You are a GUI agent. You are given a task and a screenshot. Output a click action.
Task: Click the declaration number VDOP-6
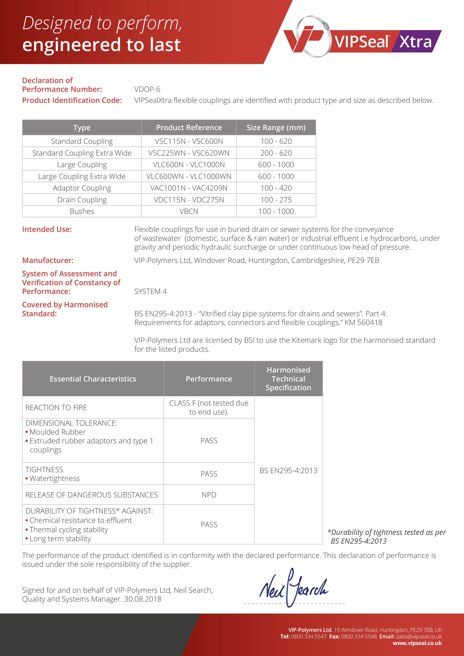click(147, 89)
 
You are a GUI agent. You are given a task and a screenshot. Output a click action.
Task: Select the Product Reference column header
click(189, 127)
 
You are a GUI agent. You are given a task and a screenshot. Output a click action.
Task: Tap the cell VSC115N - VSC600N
click(189, 141)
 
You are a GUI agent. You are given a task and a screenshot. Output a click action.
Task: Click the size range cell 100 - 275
click(276, 200)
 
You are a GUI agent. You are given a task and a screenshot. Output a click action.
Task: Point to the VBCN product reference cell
click(189, 211)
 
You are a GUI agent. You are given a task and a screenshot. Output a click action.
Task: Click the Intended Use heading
click(47, 229)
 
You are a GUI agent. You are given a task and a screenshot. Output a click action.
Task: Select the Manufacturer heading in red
click(48, 260)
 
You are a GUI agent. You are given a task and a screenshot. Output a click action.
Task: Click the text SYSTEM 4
click(150, 291)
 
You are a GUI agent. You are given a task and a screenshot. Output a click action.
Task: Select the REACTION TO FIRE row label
click(56, 408)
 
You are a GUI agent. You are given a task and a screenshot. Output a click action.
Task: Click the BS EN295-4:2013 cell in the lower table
click(288, 470)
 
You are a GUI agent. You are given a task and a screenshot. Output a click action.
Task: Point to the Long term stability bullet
click(60, 539)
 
